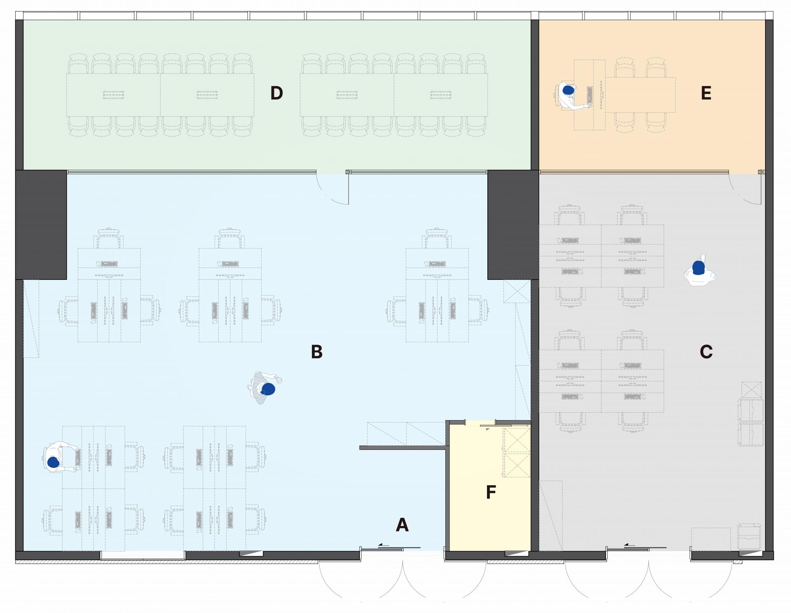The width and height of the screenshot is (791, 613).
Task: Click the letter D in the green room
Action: click(x=276, y=93)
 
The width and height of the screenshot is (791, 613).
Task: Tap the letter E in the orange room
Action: click(x=706, y=93)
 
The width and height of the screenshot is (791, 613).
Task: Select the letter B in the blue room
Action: click(x=316, y=352)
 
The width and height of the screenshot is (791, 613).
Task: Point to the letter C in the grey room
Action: click(x=706, y=352)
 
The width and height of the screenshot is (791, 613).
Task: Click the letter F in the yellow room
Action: click(x=491, y=492)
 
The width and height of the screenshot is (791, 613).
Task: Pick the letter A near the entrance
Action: click(x=402, y=525)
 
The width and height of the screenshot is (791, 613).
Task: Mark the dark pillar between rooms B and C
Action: click(x=513, y=225)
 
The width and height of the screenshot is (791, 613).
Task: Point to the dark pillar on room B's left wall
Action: click(x=41, y=225)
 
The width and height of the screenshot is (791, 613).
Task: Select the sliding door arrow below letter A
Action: click(x=384, y=545)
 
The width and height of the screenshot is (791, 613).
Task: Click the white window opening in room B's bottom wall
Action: click(x=143, y=555)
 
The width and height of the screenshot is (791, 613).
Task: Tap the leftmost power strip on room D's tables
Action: click(x=113, y=95)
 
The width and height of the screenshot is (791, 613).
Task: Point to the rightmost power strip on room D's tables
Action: click(x=441, y=95)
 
